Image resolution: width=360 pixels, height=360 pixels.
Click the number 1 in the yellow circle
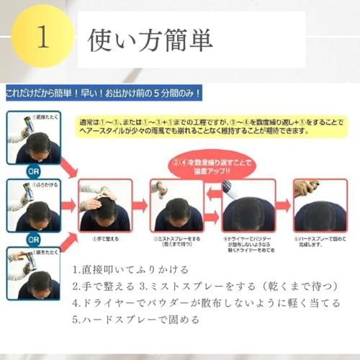(42, 38)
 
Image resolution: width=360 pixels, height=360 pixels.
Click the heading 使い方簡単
(150, 39)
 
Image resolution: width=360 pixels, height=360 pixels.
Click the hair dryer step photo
(248, 205)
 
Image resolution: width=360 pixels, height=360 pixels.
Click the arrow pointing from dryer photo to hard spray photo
(284, 206)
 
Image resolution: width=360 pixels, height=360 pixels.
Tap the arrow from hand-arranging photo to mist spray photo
(140, 206)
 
